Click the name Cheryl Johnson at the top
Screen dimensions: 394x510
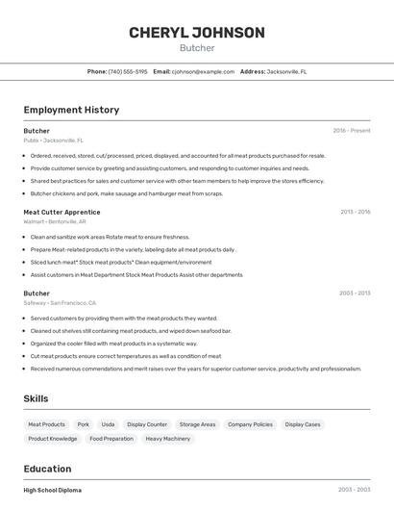coord(197,33)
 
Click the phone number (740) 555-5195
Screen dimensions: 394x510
coord(128,71)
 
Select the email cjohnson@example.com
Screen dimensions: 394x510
coord(203,71)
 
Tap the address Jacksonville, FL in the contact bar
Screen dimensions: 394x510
coord(286,71)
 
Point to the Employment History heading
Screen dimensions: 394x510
coord(71,110)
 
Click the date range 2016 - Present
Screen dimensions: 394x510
coord(351,131)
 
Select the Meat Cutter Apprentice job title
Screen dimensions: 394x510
coord(62,212)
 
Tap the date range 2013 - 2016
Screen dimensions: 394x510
coord(355,212)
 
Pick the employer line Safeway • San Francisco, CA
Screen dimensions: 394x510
coord(60,302)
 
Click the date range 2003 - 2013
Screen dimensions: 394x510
coord(355,293)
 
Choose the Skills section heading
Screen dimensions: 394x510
coord(36,398)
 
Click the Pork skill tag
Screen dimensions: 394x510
coord(84,424)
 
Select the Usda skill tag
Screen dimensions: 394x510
coord(108,424)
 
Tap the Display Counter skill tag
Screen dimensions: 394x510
coord(147,424)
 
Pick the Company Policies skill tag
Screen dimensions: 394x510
coord(250,424)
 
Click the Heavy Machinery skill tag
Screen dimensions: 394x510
coord(168,439)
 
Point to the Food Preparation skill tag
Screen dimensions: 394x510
coord(111,439)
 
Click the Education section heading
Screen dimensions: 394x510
coord(48,469)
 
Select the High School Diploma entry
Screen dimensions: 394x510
coord(53,490)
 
